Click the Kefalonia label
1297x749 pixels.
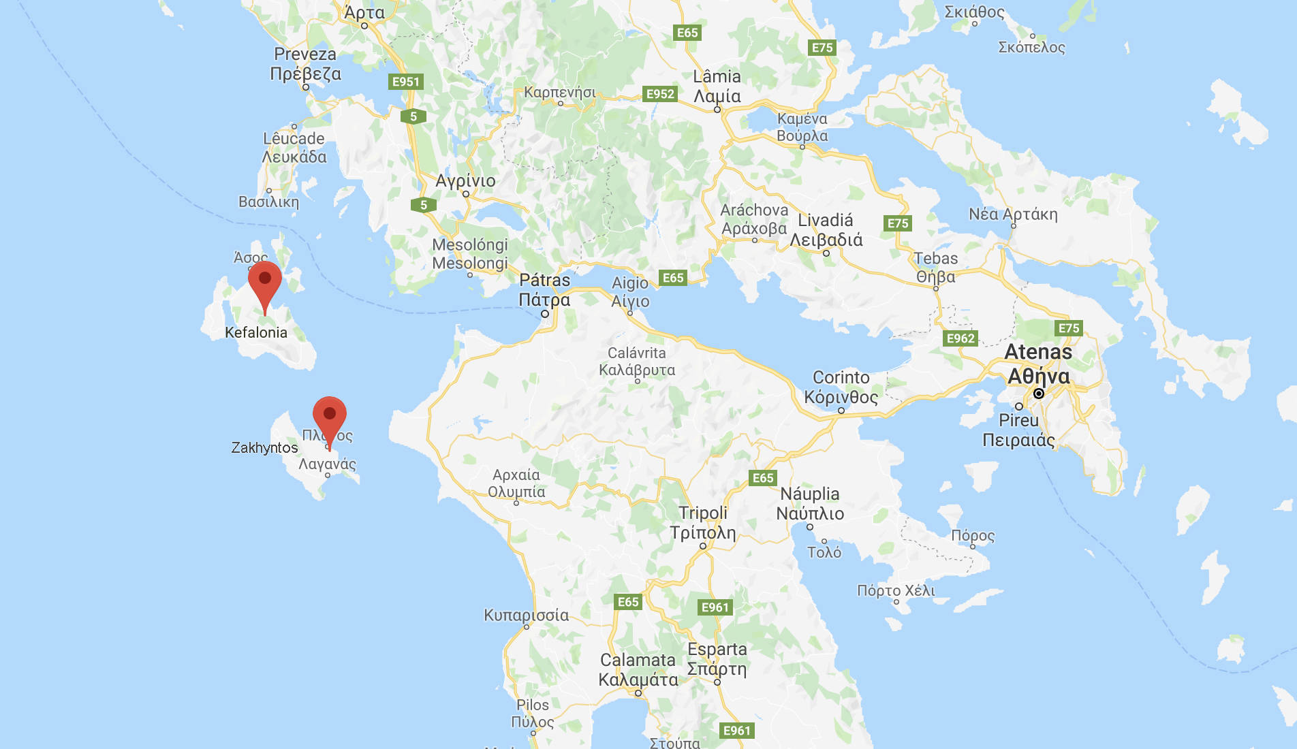coord(256,332)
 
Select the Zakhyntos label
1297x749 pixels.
coord(264,447)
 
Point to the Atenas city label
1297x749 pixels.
coord(1038,351)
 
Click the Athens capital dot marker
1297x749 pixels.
coord(1039,394)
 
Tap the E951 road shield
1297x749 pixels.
coord(406,82)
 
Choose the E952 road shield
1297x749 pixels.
coord(660,94)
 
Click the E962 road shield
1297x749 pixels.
coord(960,338)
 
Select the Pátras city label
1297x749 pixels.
coord(544,280)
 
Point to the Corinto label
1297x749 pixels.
coord(841,377)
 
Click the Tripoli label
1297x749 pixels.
coord(703,513)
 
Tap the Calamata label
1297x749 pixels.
coord(638,660)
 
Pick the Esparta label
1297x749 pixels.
coord(717,649)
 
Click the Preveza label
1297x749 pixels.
coord(305,54)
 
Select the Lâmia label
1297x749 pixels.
coord(717,76)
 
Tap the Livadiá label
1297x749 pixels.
coord(826,220)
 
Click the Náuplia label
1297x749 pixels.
coord(810,494)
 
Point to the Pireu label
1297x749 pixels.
coord(1019,420)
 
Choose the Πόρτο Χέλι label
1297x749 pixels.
coord(896,590)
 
